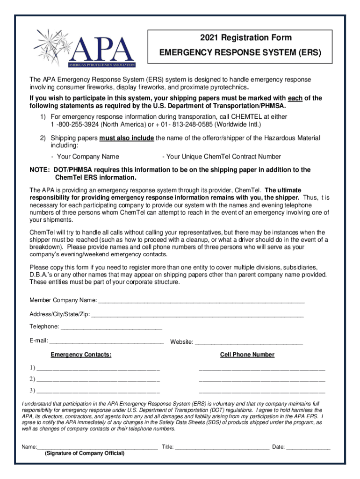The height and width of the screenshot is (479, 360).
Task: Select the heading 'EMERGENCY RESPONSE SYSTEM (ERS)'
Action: pos(240,53)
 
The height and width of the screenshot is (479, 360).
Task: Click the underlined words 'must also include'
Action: pos(126,138)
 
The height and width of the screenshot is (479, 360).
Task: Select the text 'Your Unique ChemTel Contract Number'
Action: pos(221,157)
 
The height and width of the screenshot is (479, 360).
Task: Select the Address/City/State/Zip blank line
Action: pos(197,315)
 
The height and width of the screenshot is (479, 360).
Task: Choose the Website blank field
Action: pos(248,343)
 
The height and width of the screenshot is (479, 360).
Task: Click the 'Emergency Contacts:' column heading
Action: pos(81,355)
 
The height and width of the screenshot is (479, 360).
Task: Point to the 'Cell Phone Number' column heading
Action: pos(247,355)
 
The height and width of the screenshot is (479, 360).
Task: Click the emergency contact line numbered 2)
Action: pos(98,379)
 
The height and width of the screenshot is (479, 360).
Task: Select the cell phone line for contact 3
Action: pos(262,391)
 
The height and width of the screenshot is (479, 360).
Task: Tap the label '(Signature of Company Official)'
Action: pos(85,454)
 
